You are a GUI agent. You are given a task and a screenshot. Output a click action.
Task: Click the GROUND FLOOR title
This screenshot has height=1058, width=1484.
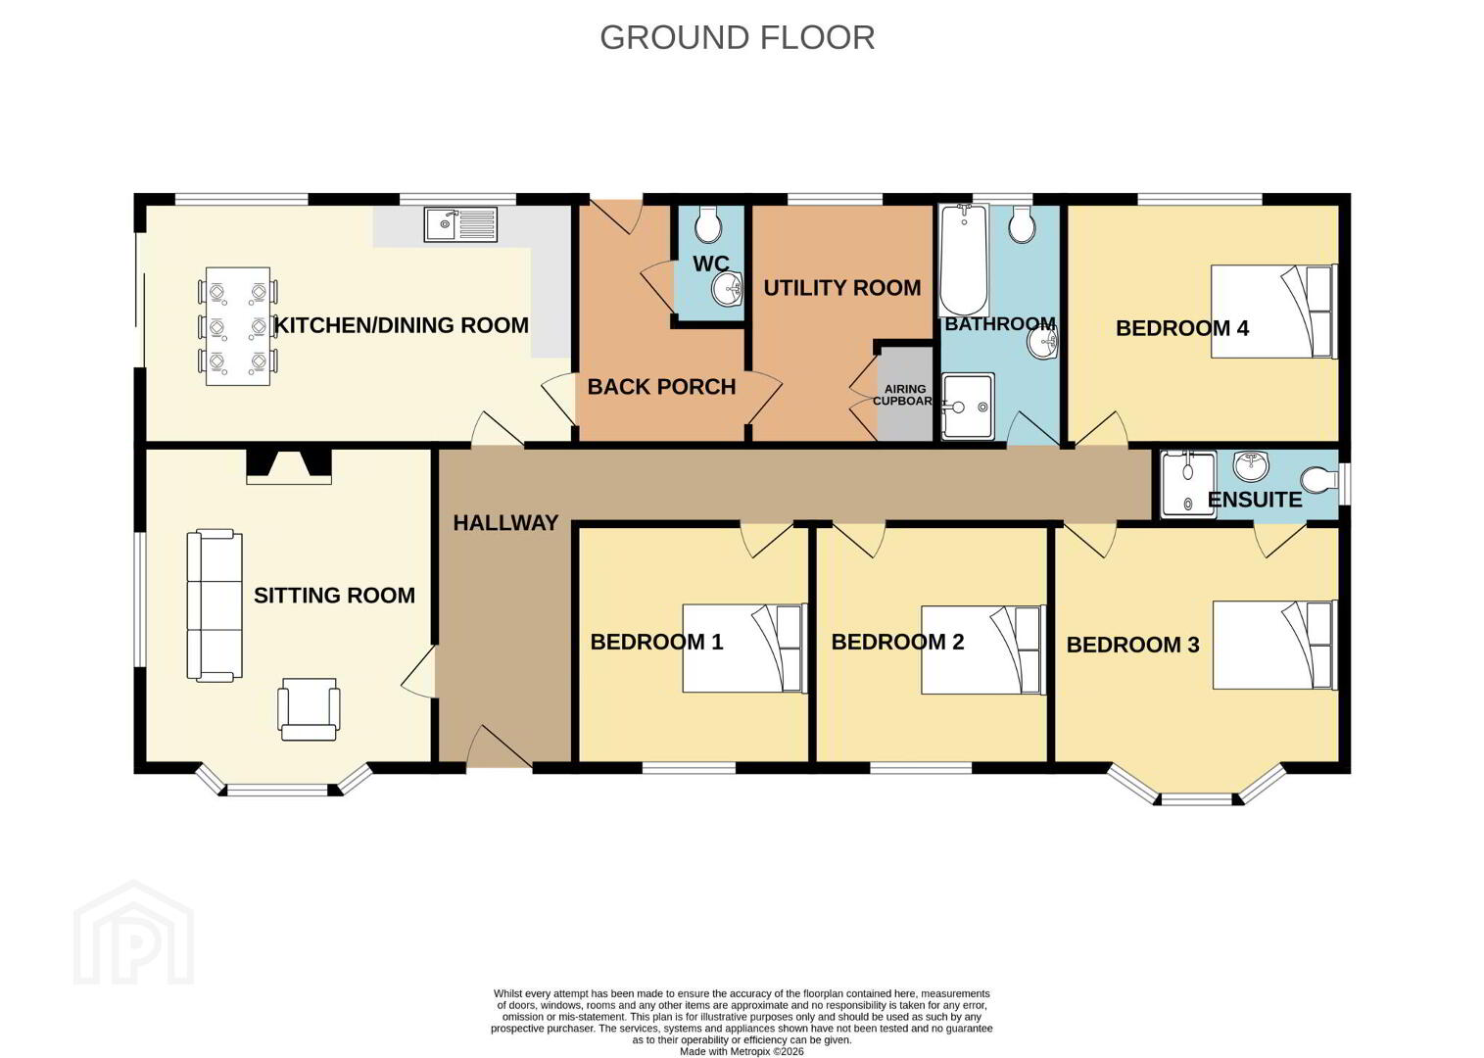(737, 38)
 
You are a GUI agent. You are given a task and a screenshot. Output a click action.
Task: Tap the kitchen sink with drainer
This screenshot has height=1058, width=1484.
(460, 224)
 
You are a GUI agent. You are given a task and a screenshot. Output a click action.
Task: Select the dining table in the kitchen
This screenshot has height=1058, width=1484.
(238, 326)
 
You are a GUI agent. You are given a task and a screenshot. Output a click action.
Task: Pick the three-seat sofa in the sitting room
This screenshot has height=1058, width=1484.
(215, 605)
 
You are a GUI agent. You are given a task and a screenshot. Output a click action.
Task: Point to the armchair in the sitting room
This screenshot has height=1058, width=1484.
(309, 709)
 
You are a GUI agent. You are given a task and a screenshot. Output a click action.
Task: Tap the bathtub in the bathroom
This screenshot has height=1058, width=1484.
(964, 261)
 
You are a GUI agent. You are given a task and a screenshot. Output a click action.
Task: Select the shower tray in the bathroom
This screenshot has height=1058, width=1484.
(968, 407)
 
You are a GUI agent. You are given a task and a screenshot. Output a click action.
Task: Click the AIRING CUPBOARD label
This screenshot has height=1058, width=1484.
(904, 395)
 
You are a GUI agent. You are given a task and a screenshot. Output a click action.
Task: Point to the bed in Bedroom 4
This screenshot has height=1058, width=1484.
(1274, 312)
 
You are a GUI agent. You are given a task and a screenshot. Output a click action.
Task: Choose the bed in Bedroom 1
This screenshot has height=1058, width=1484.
(744, 648)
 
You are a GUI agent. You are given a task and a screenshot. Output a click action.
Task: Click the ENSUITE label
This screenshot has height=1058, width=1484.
(1255, 500)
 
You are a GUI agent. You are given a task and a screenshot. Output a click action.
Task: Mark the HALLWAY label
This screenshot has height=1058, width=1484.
(505, 523)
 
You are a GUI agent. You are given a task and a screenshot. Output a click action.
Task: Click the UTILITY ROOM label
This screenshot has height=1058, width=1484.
(842, 288)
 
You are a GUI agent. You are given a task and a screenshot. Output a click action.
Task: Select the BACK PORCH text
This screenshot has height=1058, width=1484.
(661, 386)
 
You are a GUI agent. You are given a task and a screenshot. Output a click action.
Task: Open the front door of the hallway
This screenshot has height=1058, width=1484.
(500, 748)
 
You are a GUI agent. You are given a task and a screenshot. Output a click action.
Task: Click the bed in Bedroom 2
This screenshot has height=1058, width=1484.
(983, 649)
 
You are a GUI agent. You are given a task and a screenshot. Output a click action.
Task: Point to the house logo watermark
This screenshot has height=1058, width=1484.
(134, 933)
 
